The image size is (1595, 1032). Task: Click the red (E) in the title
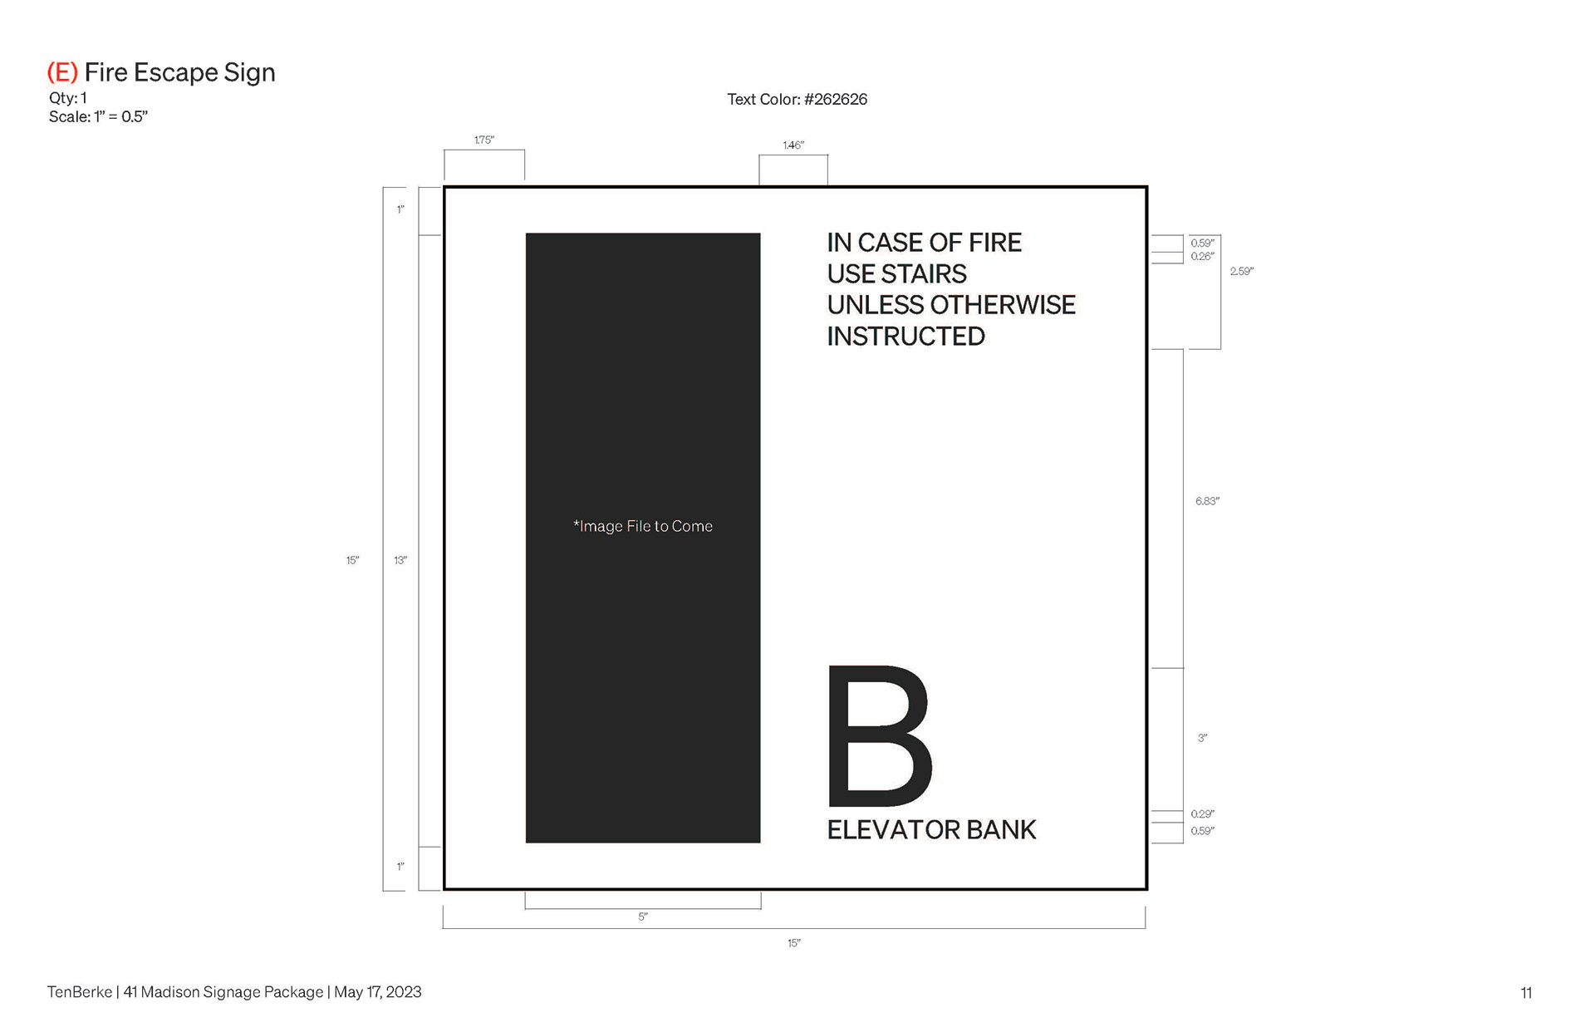point(62,73)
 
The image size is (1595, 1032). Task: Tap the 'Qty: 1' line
point(67,98)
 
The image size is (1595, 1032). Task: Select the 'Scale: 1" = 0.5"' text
point(98,117)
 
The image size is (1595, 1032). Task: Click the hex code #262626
point(836,100)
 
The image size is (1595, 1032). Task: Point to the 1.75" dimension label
point(484,140)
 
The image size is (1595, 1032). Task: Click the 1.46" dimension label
point(793,145)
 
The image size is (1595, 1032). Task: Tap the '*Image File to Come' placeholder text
point(643,526)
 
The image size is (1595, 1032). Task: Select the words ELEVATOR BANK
point(931,830)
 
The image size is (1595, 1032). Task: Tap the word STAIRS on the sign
point(925,274)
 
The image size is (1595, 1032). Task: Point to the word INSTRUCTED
point(905,337)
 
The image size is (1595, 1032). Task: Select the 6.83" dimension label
point(1207,501)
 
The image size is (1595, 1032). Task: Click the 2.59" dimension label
point(1242,272)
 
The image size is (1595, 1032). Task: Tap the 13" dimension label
point(400,561)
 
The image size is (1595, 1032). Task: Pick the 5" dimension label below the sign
point(643,917)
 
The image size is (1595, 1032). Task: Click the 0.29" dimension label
point(1202,814)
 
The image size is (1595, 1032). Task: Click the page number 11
point(1526,993)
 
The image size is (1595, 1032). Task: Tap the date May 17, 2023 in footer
point(378,992)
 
